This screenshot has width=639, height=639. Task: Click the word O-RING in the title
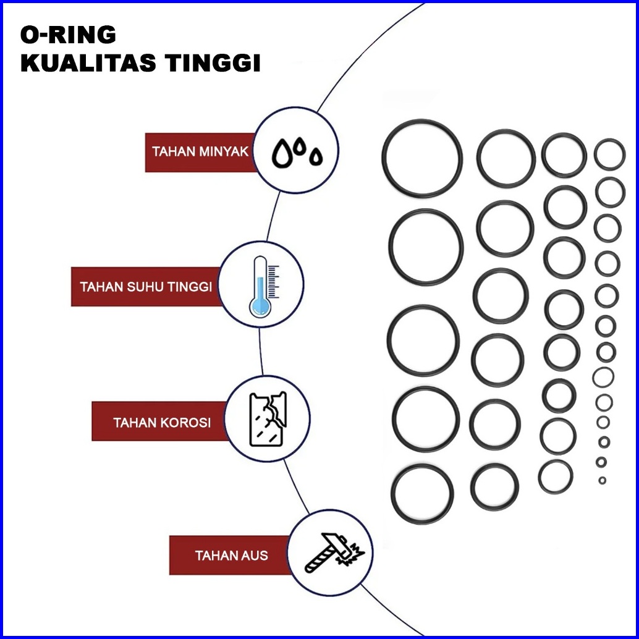coord(68,35)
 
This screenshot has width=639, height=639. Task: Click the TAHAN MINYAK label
coord(200,151)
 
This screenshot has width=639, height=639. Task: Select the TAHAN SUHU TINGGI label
coord(146,287)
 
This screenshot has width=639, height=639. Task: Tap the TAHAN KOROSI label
coord(162,423)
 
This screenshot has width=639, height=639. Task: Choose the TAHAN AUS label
coord(231,556)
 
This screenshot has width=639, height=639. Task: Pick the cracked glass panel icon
coord(268,419)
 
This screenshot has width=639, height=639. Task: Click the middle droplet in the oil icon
coord(300,147)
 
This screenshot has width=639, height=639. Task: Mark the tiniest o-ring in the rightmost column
coord(602,480)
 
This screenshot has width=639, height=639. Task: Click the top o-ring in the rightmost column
coord(609,154)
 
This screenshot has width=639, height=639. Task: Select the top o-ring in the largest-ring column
coord(422,159)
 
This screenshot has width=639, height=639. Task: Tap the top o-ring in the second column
coord(506,158)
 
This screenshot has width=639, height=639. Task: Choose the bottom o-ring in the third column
coord(556,476)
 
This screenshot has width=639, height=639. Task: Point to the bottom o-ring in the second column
coord(494,487)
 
